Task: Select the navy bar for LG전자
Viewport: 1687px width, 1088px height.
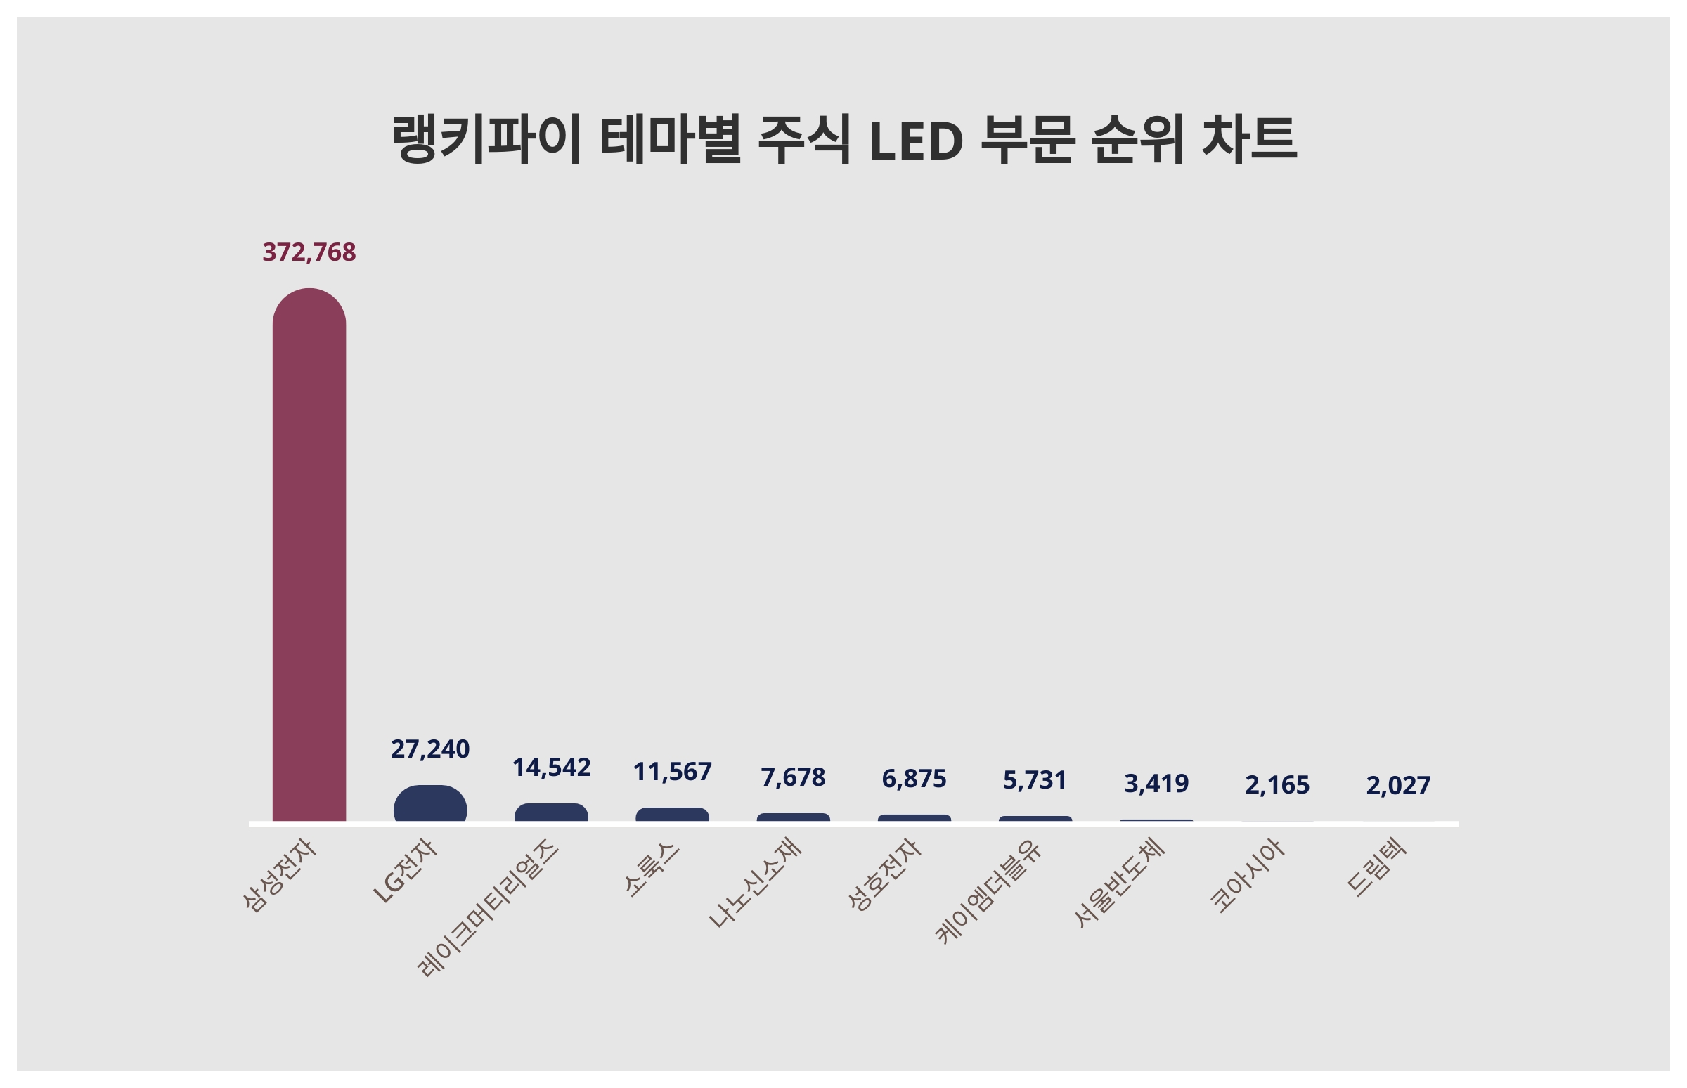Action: (429, 805)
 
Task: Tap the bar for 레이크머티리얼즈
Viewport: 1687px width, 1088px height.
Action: (551, 812)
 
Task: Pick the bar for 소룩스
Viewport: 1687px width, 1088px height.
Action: (672, 815)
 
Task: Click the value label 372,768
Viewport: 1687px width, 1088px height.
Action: (309, 252)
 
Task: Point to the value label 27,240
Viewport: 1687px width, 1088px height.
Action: (429, 749)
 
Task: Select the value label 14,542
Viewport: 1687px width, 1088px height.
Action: (551, 768)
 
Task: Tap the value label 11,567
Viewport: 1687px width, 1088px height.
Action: (672, 772)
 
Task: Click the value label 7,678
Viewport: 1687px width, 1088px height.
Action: (793, 777)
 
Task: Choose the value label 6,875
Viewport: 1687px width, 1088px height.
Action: (913, 779)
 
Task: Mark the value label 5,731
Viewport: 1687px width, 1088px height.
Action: (1034, 780)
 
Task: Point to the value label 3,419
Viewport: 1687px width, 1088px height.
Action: (1156, 784)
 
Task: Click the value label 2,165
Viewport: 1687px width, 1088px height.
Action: (1276, 785)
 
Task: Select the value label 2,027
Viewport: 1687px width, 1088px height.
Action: (1397, 786)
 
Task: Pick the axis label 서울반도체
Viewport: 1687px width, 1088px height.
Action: (1118, 882)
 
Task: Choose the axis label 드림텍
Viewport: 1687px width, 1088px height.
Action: (1376, 867)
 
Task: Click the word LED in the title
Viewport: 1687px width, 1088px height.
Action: (916, 140)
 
